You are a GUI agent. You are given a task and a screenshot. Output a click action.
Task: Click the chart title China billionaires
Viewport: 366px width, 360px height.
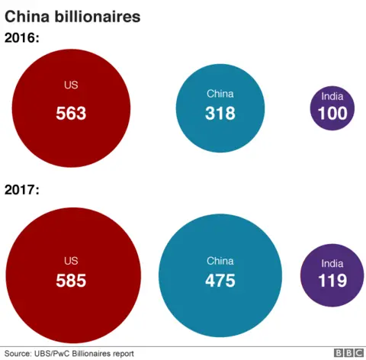[72, 16]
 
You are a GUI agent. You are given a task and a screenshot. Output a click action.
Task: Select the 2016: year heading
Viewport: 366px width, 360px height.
[23, 37]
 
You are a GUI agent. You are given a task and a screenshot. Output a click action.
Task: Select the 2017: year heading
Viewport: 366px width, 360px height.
[23, 189]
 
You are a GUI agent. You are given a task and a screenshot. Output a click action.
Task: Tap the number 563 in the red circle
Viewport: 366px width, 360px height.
[71, 114]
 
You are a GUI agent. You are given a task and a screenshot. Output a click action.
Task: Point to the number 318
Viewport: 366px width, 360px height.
[220, 114]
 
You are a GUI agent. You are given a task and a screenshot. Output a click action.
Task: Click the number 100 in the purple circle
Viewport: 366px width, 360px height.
[332, 114]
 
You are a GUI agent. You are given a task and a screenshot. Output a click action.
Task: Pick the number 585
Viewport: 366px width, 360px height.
[71, 280]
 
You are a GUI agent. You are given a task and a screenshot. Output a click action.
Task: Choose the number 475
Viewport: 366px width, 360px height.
[220, 280]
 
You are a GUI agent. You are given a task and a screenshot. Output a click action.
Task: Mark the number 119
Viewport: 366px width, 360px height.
[332, 280]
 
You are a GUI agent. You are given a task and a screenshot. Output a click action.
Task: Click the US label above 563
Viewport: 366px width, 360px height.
[71, 85]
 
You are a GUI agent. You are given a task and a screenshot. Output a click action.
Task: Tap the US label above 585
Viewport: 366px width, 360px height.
[71, 260]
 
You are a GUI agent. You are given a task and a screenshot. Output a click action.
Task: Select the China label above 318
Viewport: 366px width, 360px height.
[220, 94]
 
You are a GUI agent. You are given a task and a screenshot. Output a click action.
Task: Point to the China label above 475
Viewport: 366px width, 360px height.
[220, 261]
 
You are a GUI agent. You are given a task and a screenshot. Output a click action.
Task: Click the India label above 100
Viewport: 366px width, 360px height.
[332, 96]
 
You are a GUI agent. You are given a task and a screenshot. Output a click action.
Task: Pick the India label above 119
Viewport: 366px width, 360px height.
[332, 262]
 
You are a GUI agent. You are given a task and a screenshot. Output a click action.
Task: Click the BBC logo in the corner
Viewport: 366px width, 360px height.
[348, 352]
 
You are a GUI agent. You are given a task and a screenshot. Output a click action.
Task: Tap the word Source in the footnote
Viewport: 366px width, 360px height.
[19, 353]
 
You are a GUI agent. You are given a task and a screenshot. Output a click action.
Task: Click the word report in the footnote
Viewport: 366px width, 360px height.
[120, 353]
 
